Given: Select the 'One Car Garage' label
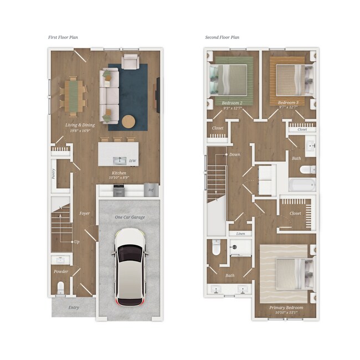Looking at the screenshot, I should pyautogui.click(x=130, y=217).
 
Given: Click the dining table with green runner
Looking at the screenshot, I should pyautogui.click(x=73, y=94).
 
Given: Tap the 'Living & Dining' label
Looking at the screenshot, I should pyautogui.click(x=81, y=125).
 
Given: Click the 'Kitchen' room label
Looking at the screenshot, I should pyautogui.click(x=119, y=173).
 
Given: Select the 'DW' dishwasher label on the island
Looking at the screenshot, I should pyautogui.click(x=132, y=161).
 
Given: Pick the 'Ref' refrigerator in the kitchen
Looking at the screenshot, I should pyautogui.click(x=150, y=190).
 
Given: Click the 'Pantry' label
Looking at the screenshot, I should pyautogui.click(x=53, y=173).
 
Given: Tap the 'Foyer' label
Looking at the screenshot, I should pyautogui.click(x=84, y=213).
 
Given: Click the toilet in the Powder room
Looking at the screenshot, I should pyautogui.click(x=60, y=287).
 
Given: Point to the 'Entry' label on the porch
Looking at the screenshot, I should pyautogui.click(x=74, y=307).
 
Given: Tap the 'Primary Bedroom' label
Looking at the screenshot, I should pyautogui.click(x=286, y=307).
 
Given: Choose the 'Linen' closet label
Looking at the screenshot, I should pyautogui.click(x=240, y=234).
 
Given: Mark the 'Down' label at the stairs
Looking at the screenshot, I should pyautogui.click(x=234, y=155).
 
